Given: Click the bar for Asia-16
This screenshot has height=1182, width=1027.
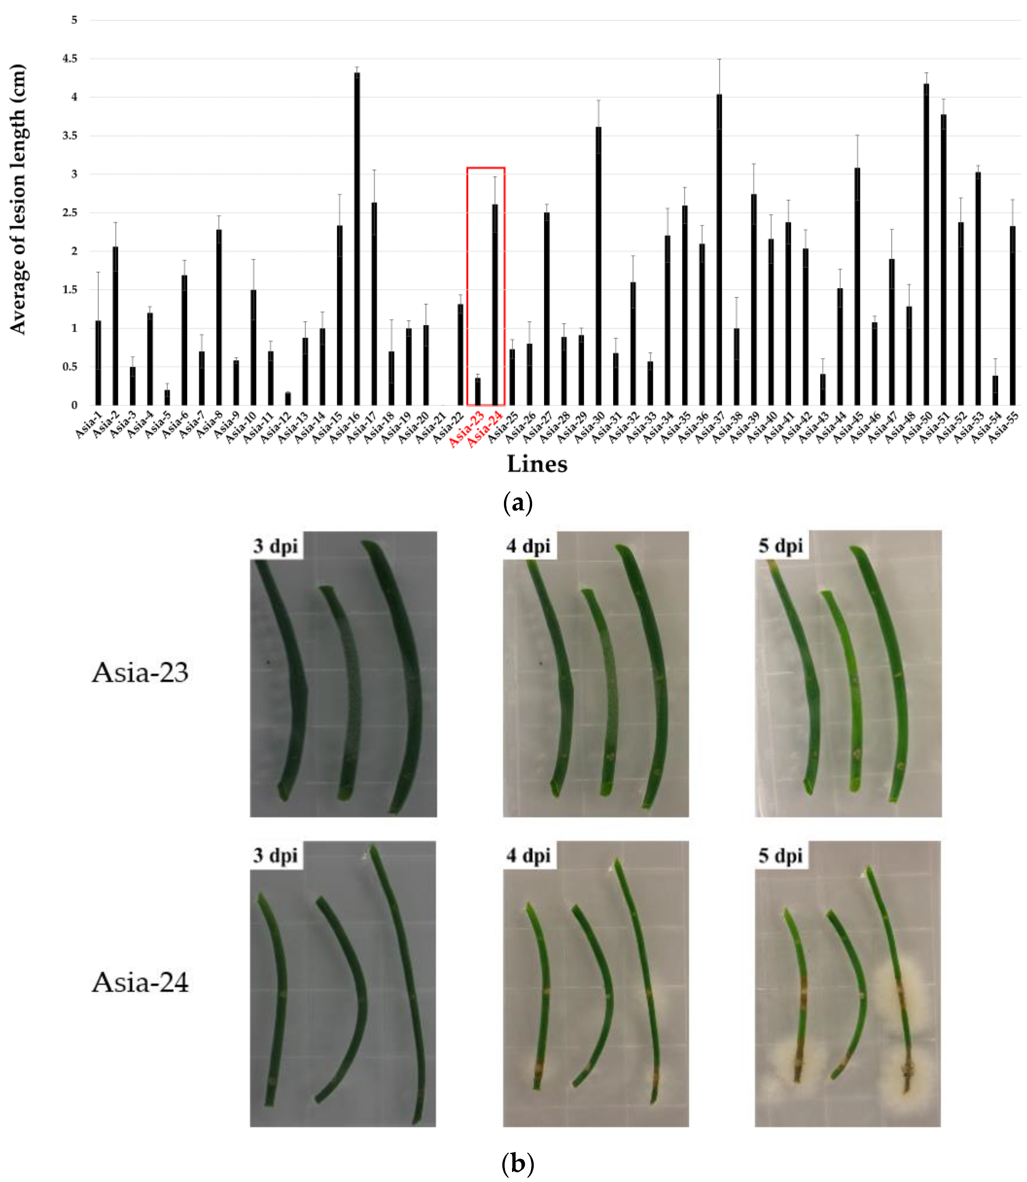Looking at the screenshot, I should click(357, 241).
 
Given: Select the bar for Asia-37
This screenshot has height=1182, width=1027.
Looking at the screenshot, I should click(719, 252).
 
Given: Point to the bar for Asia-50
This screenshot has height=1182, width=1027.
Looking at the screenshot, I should click(926, 246).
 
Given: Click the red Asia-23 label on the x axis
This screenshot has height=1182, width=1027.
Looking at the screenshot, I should click(466, 428).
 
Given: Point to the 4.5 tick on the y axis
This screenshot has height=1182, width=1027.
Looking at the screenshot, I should click(70, 58).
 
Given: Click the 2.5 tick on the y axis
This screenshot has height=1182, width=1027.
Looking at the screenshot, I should click(70, 212).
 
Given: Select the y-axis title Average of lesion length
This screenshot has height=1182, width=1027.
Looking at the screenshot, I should click(17, 199).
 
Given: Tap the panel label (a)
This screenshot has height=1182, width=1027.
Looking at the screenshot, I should click(518, 503).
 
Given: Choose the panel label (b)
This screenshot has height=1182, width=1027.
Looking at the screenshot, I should click(518, 1164).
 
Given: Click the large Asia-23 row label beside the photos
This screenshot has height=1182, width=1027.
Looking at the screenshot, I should click(141, 673).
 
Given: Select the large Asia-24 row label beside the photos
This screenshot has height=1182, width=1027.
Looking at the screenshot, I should click(141, 983).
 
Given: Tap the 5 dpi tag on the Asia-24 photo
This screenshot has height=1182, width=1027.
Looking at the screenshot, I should click(781, 856).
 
